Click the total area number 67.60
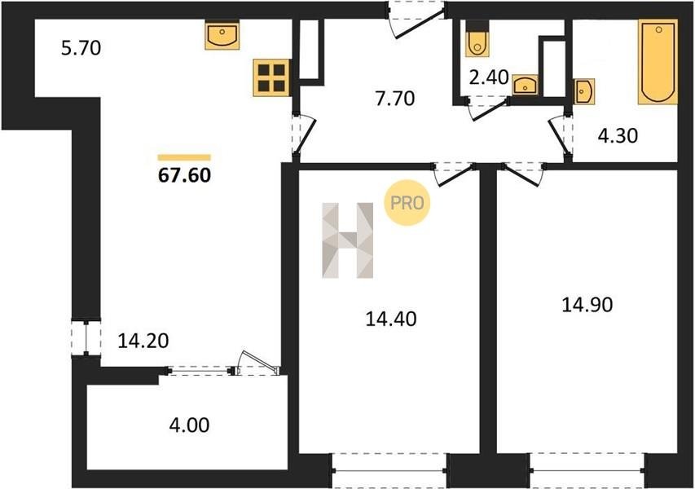[184, 175]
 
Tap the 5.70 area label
[81, 48]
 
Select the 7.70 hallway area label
[395, 99]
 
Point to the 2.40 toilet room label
[488, 77]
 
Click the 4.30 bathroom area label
[618, 135]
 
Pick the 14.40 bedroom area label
[391, 319]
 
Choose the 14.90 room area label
[587, 305]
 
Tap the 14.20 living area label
[143, 341]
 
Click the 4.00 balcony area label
[189, 425]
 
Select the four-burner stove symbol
[271, 77]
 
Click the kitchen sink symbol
[222, 34]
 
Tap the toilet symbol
[477, 38]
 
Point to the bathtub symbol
[658, 62]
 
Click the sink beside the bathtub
[584, 91]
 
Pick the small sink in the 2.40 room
[526, 84]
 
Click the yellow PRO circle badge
[407, 203]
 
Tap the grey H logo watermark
[347, 240]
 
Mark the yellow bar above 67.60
[184, 157]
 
